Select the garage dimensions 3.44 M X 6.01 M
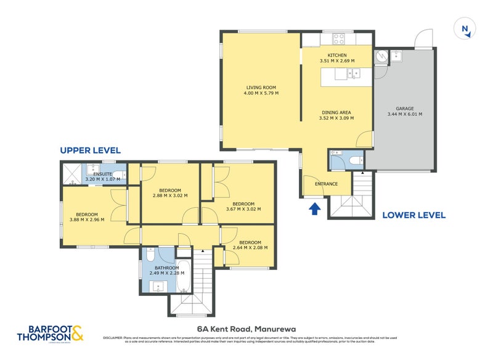coord(404,114)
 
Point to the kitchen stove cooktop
coord(339,39)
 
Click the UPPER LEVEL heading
coord(90,150)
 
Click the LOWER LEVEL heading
coord(414,215)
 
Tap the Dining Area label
coord(337,112)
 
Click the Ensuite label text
coord(102,174)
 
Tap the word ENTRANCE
coord(326,184)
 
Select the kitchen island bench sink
coord(354,74)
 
